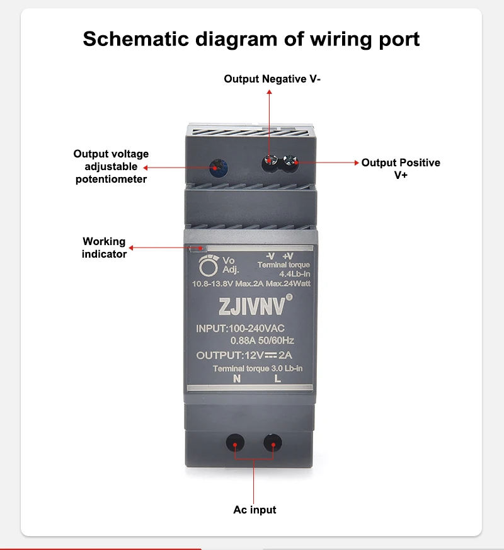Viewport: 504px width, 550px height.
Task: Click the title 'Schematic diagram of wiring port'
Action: (251, 39)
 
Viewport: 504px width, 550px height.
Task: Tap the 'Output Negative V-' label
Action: (272, 79)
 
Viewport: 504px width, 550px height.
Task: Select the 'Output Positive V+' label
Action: (401, 168)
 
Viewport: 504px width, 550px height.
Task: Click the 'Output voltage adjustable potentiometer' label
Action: (111, 166)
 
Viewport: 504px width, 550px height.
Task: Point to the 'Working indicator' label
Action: (104, 248)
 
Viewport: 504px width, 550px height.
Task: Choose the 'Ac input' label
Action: (255, 509)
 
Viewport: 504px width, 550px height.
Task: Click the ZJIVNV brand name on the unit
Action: (251, 307)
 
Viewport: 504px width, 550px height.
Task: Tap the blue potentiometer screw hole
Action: (219, 166)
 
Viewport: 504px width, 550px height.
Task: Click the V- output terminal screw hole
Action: (270, 162)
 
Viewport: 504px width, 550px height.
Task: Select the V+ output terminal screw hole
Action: (291, 163)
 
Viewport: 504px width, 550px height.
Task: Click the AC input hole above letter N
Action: (235, 444)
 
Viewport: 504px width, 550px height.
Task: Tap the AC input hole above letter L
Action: (273, 444)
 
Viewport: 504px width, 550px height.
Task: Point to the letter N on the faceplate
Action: (237, 379)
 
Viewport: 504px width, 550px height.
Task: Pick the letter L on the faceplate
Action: (277, 379)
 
